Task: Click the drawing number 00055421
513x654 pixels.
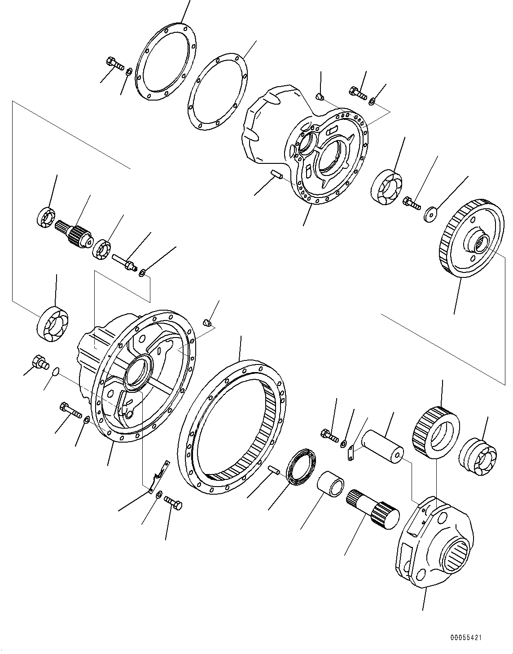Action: (466, 637)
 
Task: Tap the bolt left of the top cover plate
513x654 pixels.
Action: (115, 64)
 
